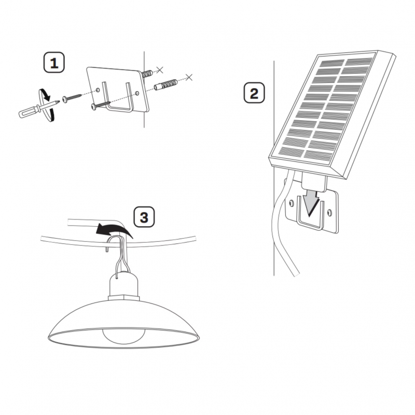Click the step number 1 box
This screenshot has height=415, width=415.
[54, 62]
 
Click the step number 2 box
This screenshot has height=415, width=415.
[254, 92]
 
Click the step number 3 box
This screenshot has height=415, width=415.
[144, 217]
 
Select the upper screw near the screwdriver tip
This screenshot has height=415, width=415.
[72, 97]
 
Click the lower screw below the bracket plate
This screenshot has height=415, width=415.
[101, 105]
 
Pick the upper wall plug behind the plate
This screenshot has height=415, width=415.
[147, 73]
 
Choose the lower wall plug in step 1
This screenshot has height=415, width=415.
[165, 84]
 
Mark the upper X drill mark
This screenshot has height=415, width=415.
[160, 70]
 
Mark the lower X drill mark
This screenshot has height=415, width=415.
[189, 77]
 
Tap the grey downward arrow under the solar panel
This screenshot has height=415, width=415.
[311, 202]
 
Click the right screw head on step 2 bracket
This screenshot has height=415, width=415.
[329, 212]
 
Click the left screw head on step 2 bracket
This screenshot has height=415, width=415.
[292, 203]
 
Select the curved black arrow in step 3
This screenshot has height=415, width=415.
[114, 229]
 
